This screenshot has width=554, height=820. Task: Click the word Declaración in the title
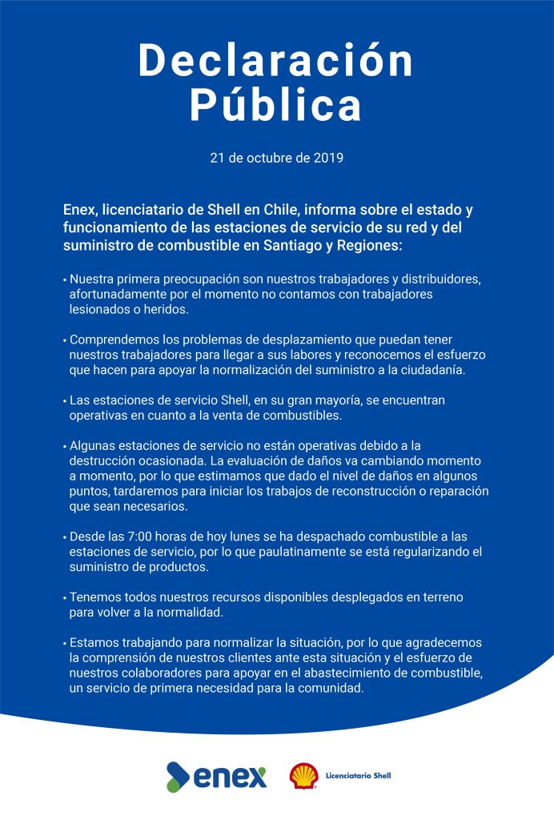[276, 62]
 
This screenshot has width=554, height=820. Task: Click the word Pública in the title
[276, 107]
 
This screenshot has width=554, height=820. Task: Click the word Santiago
[283, 245]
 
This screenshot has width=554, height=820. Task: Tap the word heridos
[166, 309]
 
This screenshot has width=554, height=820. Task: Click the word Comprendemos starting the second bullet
[112, 340]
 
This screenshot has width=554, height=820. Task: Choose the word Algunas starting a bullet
[94, 444]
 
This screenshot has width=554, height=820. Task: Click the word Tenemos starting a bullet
[94, 597]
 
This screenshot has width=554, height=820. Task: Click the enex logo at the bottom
[216, 776]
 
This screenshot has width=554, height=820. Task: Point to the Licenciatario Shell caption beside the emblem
[358, 776]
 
